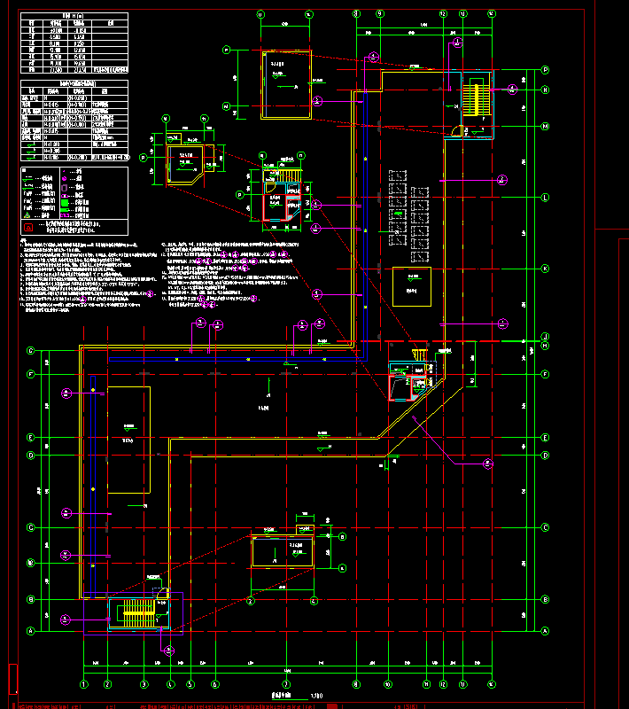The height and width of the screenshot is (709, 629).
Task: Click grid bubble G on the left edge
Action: [30, 351]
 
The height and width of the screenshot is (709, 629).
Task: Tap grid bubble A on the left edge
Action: [30, 631]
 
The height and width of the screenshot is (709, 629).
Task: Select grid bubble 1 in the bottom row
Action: [85, 684]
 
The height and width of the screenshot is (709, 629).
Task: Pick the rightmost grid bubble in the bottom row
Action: [493, 684]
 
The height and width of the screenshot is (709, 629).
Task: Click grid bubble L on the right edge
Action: [546, 197]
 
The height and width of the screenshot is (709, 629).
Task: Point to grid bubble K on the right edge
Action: [546, 269]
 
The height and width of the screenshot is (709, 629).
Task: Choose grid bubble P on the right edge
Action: [546, 69]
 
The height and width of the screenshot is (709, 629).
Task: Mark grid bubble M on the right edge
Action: [546, 126]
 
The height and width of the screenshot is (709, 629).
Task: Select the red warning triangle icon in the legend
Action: [28, 215]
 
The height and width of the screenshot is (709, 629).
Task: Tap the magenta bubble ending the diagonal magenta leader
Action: [486, 463]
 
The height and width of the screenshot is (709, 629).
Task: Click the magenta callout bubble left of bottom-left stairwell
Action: [65, 619]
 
